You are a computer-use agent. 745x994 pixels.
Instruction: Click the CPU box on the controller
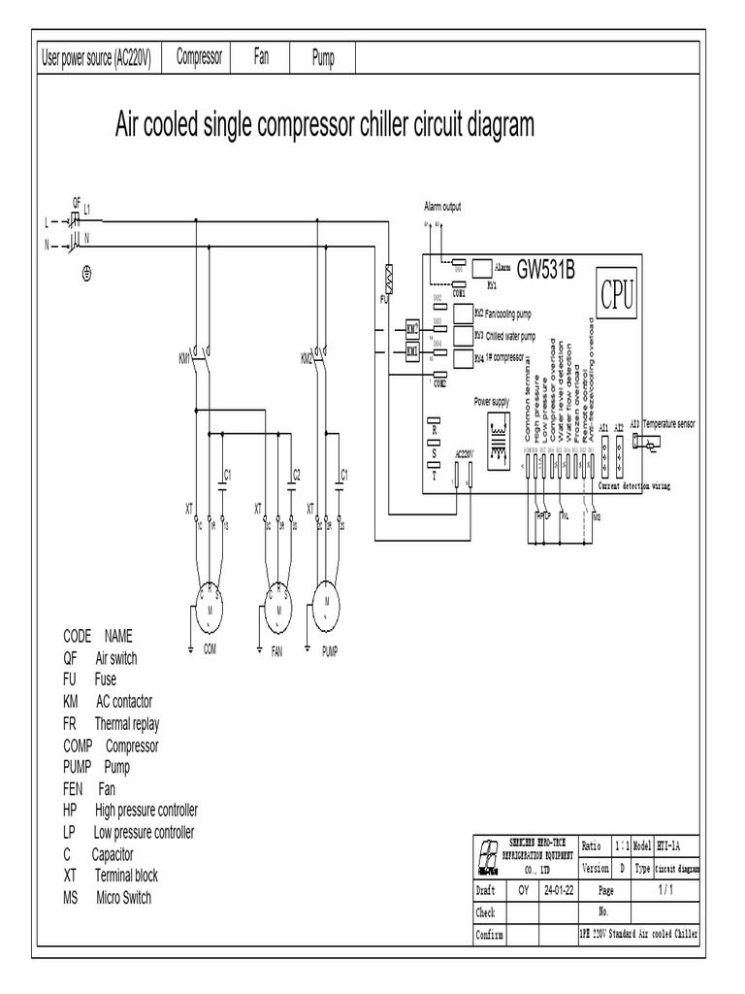616,295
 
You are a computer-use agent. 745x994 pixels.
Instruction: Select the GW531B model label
546,268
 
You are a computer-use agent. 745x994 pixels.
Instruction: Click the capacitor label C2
297,474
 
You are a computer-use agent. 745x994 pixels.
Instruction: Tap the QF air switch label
77,201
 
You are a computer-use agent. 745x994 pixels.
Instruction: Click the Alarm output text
442,207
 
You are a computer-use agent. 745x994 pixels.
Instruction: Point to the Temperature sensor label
669,424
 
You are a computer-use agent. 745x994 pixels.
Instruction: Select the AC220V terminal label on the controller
462,453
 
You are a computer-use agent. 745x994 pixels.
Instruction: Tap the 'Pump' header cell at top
323,58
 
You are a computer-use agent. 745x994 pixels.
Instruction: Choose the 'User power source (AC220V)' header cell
96,58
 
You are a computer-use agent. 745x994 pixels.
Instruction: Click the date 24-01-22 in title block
559,889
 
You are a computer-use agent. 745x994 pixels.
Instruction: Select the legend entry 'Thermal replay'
127,723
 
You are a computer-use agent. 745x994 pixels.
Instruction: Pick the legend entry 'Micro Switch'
123,898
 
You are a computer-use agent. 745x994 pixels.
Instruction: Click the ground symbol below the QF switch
87,275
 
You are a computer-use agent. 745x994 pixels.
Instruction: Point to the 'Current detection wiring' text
634,484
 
